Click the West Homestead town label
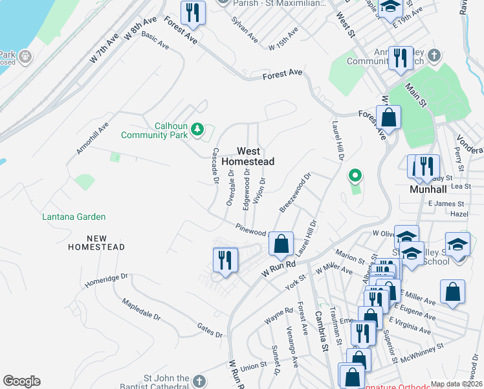pyautogui.click(x=248, y=156)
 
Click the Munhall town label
pyautogui.click(x=430, y=190)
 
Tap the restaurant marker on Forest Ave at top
pyautogui.click(x=193, y=13)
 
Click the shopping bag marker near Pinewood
pyautogui.click(x=281, y=244)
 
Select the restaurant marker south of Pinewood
pyautogui.click(x=225, y=261)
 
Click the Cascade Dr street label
pyautogui.click(x=215, y=165)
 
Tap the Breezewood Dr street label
pyautogui.click(x=296, y=192)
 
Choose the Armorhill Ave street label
pyautogui.click(x=93, y=137)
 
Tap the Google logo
pyautogui.click(x=21, y=381)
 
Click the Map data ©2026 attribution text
pyautogui.click(x=456, y=384)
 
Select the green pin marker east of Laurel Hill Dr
pyautogui.click(x=355, y=176)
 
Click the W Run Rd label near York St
pyautogui.click(x=278, y=269)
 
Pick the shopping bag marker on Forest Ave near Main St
pyautogui.click(x=388, y=118)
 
